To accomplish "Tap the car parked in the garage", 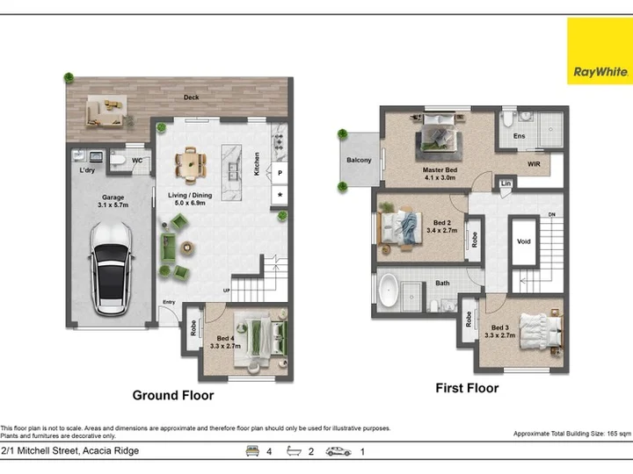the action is pos(112,269).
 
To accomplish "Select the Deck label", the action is pos(191,97).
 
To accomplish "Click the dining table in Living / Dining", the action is pos(191,164).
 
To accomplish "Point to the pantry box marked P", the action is pos(280,173).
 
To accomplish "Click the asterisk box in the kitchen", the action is pos(280,195).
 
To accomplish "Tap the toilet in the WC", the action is pos(118,159).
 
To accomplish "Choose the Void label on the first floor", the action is pos(524,241).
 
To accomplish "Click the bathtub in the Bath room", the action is pos(389,291).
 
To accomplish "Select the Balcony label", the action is pos(359,160).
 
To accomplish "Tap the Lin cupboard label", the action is pos(506,183).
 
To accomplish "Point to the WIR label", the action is pos(534,164).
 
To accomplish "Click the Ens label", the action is pos(520,136).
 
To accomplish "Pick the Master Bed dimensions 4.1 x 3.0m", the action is pos(440,177).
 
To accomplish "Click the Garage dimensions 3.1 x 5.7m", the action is pos(113,205).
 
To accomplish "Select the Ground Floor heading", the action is pos(173,395).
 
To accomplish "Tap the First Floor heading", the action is pos(467,388).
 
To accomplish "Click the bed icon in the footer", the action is pos(252,451).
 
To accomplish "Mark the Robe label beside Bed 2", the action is pos(475,240).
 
